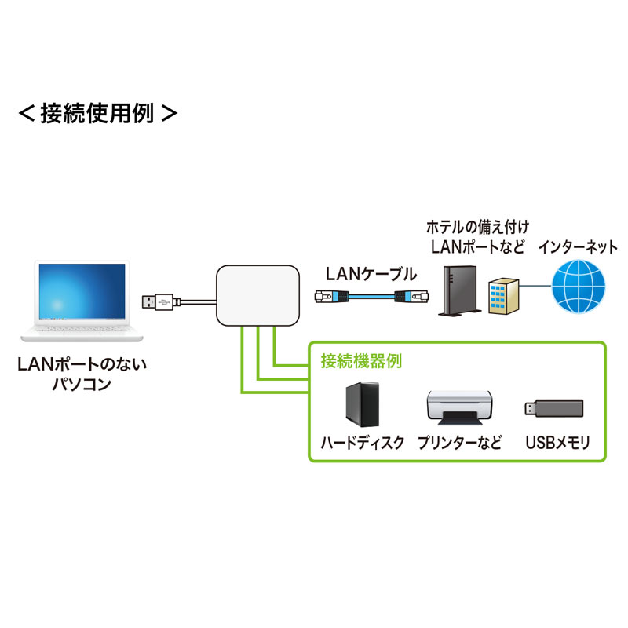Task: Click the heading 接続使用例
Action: click(x=97, y=113)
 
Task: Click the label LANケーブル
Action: click(x=371, y=274)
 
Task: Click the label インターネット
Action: click(x=578, y=247)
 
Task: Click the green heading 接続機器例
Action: click(x=361, y=362)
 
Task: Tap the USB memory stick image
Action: click(x=553, y=408)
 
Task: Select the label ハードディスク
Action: click(x=363, y=443)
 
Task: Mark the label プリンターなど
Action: click(x=459, y=443)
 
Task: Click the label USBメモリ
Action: click(x=557, y=443)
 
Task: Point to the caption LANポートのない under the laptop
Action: click(x=82, y=365)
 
